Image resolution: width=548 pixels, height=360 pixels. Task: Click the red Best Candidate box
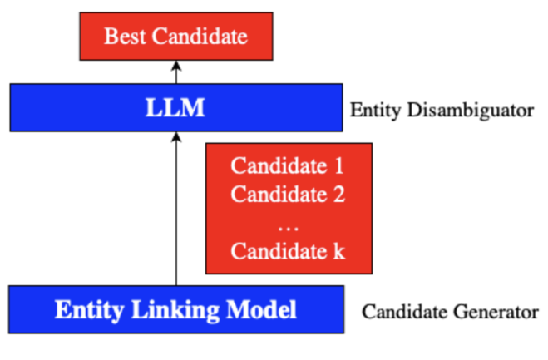click(175, 37)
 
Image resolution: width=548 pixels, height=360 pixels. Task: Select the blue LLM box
click(175, 107)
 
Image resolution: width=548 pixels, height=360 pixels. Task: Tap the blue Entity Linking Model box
click(175, 310)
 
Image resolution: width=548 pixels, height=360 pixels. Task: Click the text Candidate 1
click(288, 165)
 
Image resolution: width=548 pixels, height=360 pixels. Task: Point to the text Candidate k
click(288, 250)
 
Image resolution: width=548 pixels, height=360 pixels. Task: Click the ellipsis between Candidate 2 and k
click(288, 224)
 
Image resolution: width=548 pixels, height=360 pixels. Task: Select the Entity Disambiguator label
click(442, 110)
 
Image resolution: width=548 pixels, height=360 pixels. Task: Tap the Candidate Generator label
click(450, 313)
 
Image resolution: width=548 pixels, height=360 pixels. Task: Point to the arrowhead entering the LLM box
click(175, 138)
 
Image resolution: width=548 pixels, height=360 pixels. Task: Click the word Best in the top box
click(122, 37)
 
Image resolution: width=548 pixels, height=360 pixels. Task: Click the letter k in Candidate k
click(338, 250)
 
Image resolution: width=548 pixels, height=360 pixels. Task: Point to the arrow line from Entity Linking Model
click(175, 216)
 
